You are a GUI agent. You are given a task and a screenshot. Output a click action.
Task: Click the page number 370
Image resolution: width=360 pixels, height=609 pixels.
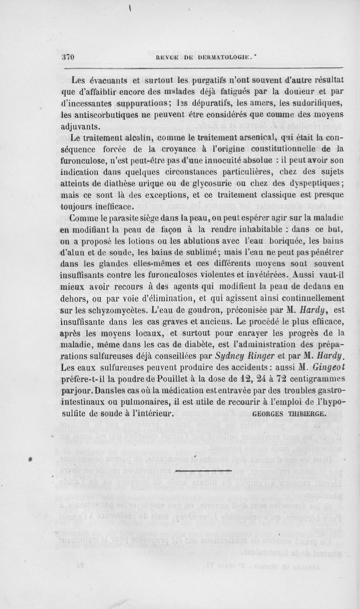(x=67, y=57)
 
